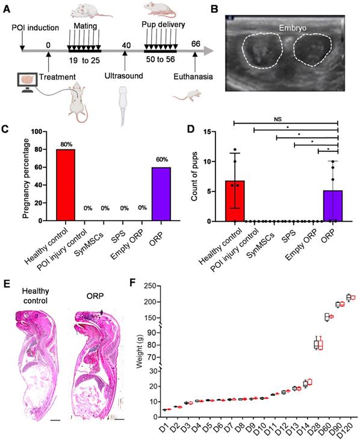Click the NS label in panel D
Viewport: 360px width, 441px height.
[x=287, y=119]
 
